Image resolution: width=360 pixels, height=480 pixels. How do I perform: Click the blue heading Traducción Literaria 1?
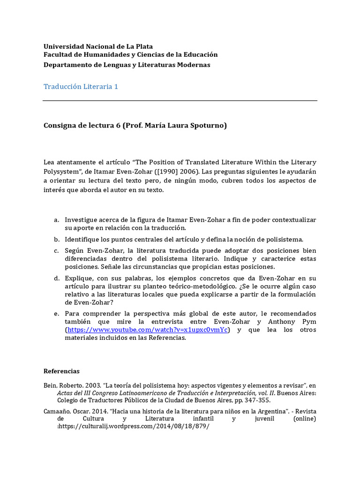point(81,87)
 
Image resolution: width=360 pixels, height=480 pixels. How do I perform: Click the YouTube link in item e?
point(148,330)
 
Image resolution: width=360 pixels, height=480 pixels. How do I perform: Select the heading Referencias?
point(61,371)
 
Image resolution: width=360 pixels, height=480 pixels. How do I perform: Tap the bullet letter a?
point(56,219)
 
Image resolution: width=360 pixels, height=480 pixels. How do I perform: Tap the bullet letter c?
point(56,250)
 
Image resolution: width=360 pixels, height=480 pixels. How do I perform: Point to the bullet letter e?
point(56,313)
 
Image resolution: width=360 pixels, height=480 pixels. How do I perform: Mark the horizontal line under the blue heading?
point(180,101)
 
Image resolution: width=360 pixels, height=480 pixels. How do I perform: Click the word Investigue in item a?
point(81,219)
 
